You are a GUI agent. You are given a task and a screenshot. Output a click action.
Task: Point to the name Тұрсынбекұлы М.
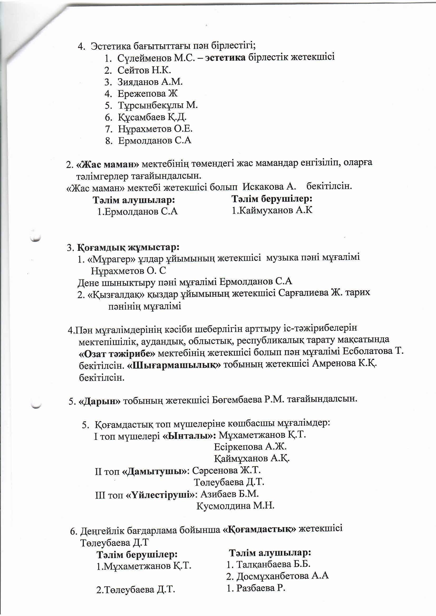[x=158, y=105]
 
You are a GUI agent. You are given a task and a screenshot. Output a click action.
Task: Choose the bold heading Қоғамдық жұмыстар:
[x=128, y=247]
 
